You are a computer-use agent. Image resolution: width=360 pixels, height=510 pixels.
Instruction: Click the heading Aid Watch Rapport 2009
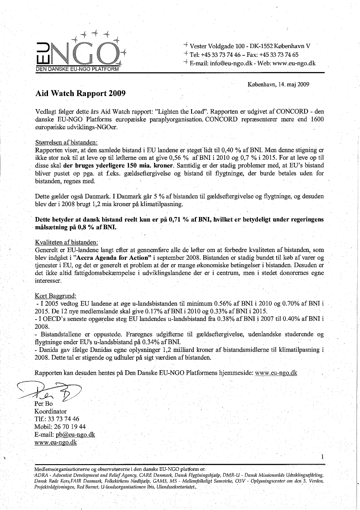click(81, 93)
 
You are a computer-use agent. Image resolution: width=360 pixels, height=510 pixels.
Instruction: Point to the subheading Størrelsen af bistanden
click(67, 142)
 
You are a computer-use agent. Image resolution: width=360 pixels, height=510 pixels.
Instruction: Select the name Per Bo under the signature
click(43, 404)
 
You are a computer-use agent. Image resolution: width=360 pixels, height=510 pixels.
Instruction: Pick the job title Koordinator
click(51, 411)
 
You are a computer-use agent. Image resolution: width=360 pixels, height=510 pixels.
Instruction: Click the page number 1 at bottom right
click(322, 457)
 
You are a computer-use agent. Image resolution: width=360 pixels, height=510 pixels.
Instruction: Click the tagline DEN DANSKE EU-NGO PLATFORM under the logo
click(77, 69)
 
